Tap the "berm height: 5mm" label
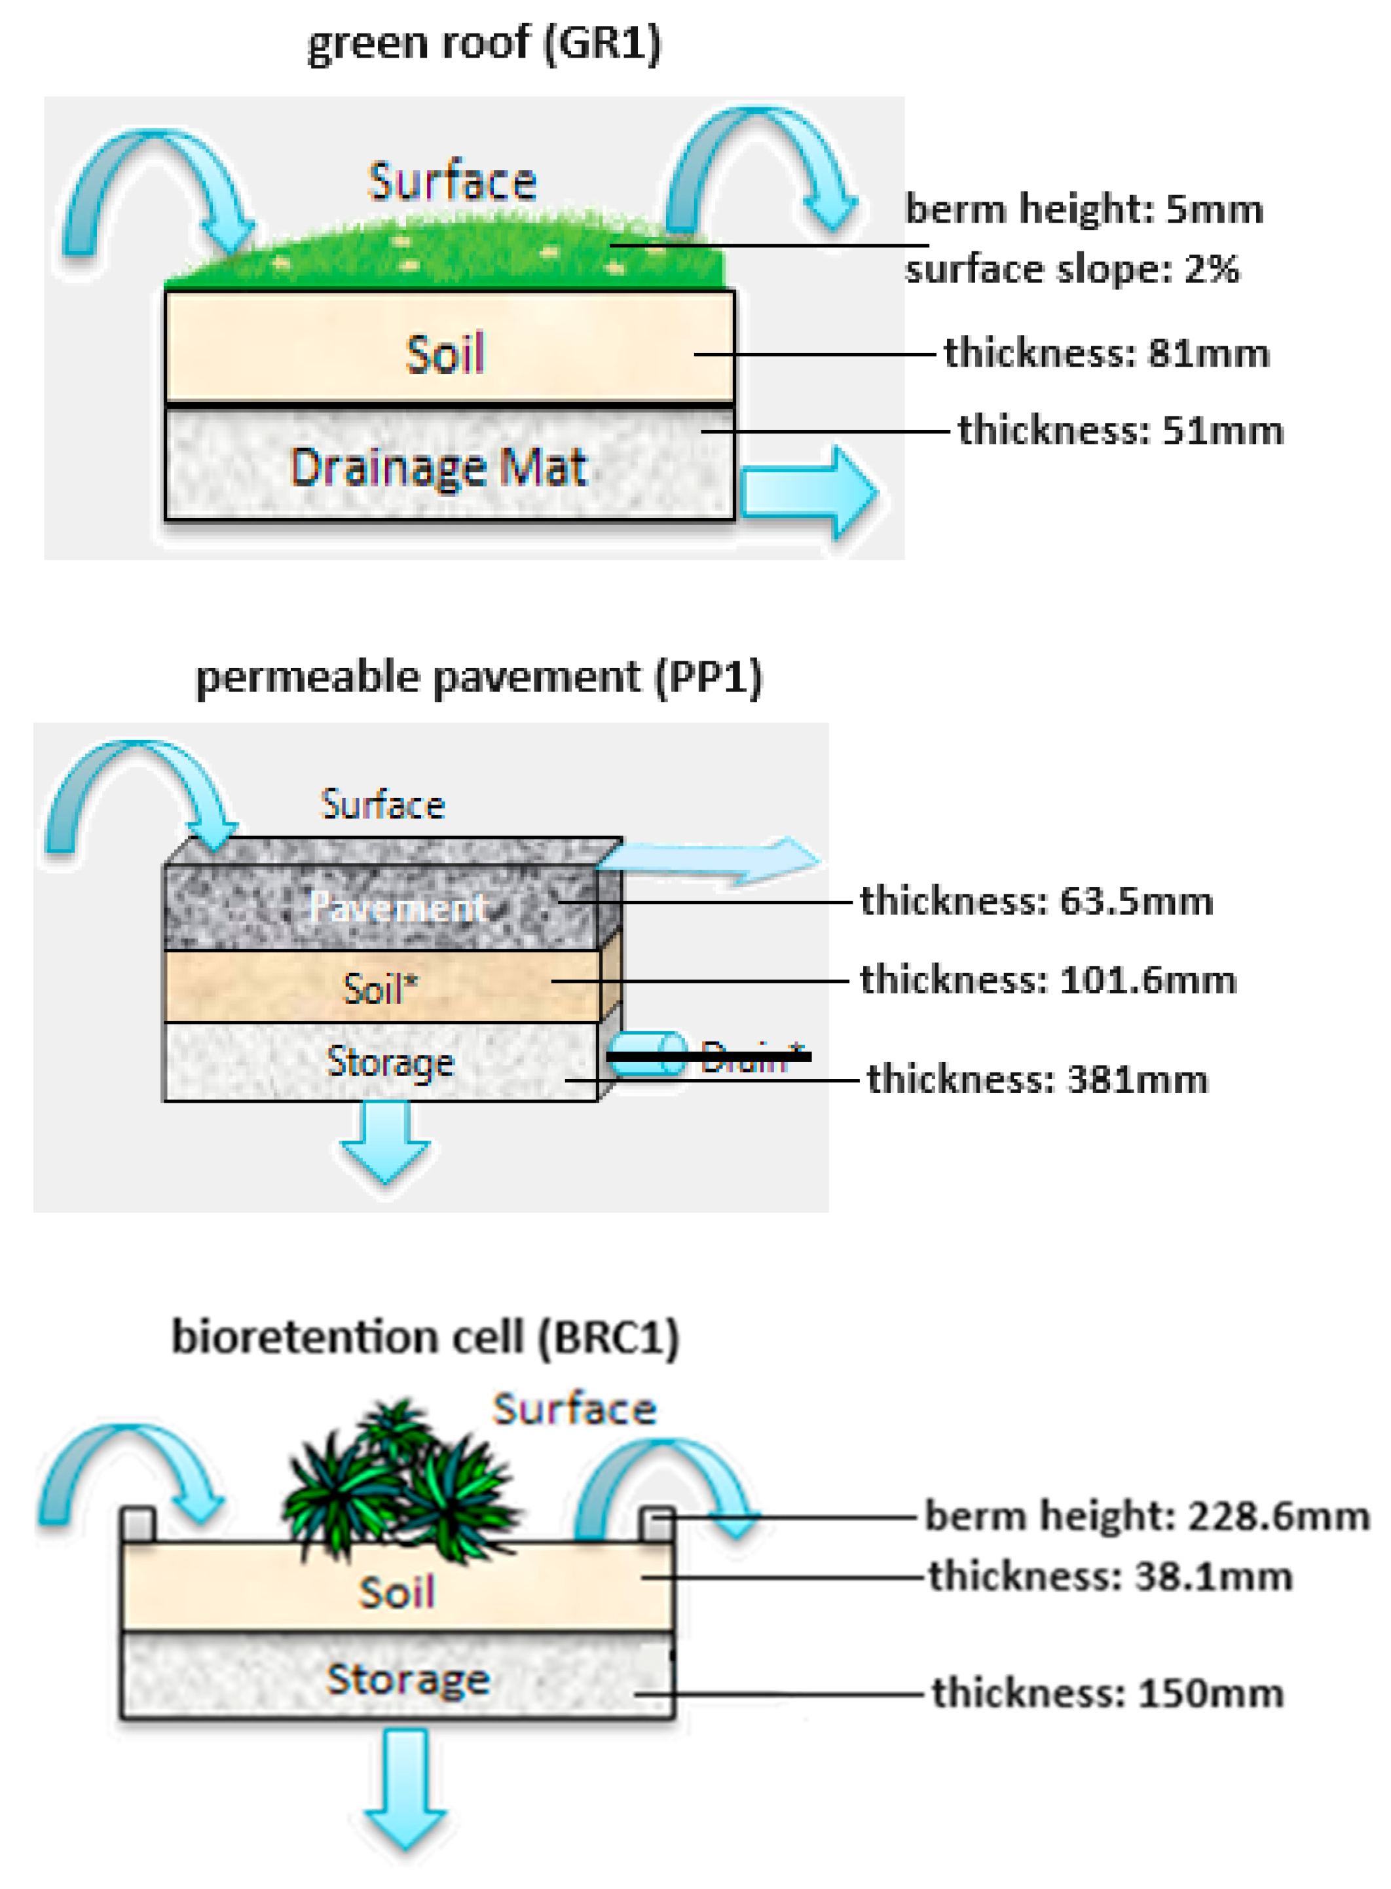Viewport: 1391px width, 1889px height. (x=1084, y=208)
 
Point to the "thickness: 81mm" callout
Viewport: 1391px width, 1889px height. (x=1106, y=353)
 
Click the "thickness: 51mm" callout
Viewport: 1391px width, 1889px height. (x=1121, y=430)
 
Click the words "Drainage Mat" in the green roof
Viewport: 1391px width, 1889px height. (x=438, y=468)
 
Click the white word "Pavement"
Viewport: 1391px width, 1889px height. (x=398, y=907)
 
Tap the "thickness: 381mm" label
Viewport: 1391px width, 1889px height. (x=1037, y=1079)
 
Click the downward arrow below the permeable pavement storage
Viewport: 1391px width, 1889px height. (x=385, y=1140)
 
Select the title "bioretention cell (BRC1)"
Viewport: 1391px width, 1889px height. (x=425, y=1337)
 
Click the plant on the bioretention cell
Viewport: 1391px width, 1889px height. (x=400, y=1482)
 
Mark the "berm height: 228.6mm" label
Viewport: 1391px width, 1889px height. (x=1147, y=1516)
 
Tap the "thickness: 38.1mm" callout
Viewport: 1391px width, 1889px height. (x=1111, y=1576)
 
